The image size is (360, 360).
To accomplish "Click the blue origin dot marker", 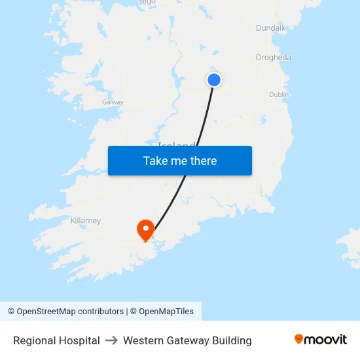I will click(x=214, y=80).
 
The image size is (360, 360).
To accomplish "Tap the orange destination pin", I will click(x=145, y=228).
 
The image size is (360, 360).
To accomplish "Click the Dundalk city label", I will click(x=271, y=28).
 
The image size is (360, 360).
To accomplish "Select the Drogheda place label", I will click(x=274, y=58).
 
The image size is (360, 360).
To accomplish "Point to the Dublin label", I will click(x=279, y=95).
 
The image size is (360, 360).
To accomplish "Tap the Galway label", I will click(x=113, y=103).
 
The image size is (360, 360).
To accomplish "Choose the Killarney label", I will click(x=86, y=221).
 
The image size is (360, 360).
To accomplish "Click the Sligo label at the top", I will click(x=147, y=2).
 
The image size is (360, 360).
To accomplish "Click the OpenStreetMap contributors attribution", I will click(x=65, y=312).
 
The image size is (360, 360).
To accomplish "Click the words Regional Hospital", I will click(x=56, y=340).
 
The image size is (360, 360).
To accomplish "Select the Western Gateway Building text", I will click(x=187, y=340).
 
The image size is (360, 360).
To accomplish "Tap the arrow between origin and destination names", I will click(x=111, y=340).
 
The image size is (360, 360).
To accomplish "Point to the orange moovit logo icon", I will click(x=299, y=339).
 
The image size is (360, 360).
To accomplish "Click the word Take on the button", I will click(x=156, y=161).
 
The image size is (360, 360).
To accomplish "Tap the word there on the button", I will click(x=202, y=161).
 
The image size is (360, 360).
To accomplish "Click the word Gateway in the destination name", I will click(x=189, y=340).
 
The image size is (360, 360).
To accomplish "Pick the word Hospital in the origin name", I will click(x=79, y=340).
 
